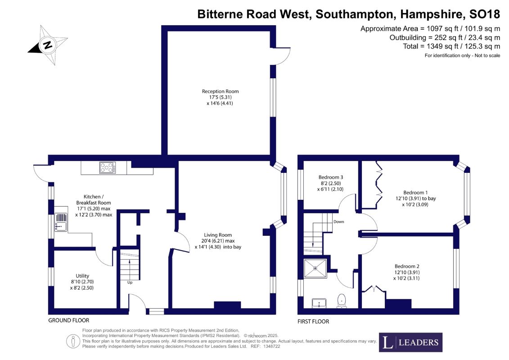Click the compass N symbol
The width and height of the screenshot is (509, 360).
[x=47, y=45]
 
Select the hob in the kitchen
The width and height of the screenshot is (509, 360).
[x=108, y=167]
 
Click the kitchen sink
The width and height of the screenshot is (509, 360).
[x=61, y=222]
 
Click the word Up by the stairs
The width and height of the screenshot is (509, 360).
[x=130, y=283]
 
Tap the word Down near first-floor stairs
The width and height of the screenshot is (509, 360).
[x=338, y=222]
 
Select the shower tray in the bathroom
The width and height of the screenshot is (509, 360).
[x=315, y=269]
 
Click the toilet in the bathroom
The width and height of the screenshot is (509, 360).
[x=342, y=301]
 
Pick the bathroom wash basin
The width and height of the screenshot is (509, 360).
[x=319, y=303]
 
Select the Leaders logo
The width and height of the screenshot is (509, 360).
[x=410, y=342]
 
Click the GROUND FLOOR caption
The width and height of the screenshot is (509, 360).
[x=68, y=320]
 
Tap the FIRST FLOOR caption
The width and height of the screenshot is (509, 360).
[x=313, y=321]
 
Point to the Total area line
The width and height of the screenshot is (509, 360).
[x=451, y=46]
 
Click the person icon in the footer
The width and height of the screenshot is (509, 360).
[x=73, y=342]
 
